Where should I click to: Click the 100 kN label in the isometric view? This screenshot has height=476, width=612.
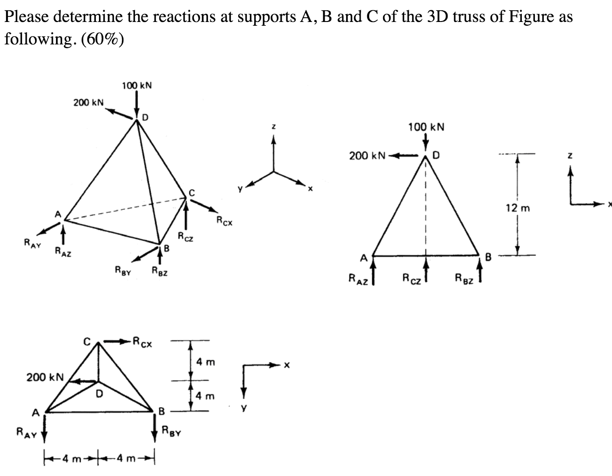pos(136,86)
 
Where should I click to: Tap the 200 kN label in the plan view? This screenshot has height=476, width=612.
pos(42,376)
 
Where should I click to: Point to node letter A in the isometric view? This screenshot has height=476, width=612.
pos(58,214)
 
